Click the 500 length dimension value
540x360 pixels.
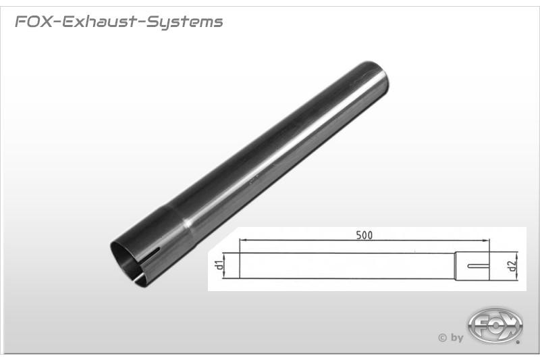coord(364,235)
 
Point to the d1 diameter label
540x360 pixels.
coord(218,265)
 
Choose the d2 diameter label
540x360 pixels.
coord(512,265)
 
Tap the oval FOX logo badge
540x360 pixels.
coord(495,326)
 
